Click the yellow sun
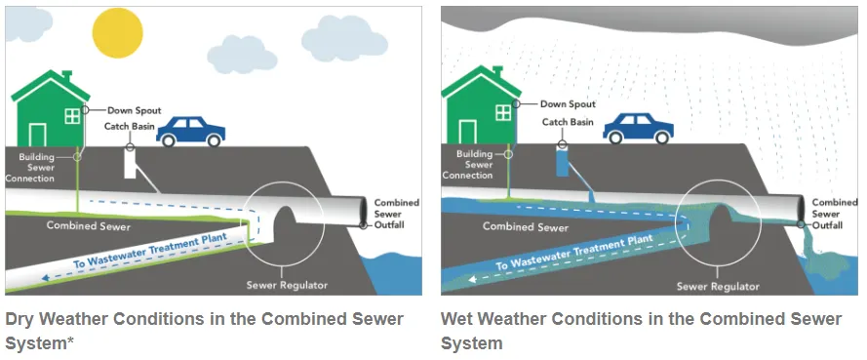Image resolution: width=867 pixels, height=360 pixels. click(x=118, y=33)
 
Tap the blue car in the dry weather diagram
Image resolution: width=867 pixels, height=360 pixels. click(x=191, y=132)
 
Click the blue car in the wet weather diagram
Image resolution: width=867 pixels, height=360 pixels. click(x=638, y=129)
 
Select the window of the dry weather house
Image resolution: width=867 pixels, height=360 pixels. click(x=72, y=116)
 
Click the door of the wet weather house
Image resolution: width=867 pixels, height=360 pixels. click(x=467, y=132)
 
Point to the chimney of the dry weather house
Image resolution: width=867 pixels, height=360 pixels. click(x=67, y=76)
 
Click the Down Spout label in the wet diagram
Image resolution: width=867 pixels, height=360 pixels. click(x=568, y=104)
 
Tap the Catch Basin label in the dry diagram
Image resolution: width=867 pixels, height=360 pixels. click(x=130, y=127)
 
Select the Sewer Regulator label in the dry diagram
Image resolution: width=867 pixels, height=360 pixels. click(x=287, y=285)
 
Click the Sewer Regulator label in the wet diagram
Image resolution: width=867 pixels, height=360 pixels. click(x=718, y=287)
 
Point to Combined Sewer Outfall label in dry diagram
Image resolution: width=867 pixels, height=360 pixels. click(x=396, y=214)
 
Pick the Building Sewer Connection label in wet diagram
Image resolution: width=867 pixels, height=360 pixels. click(x=468, y=165)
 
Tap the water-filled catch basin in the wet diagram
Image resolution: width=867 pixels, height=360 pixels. click(x=563, y=162)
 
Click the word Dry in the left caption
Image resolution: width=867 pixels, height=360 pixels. click(x=20, y=320)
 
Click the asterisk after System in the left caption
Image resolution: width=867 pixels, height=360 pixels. click(x=71, y=340)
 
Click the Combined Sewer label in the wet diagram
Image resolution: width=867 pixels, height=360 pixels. click(x=526, y=226)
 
